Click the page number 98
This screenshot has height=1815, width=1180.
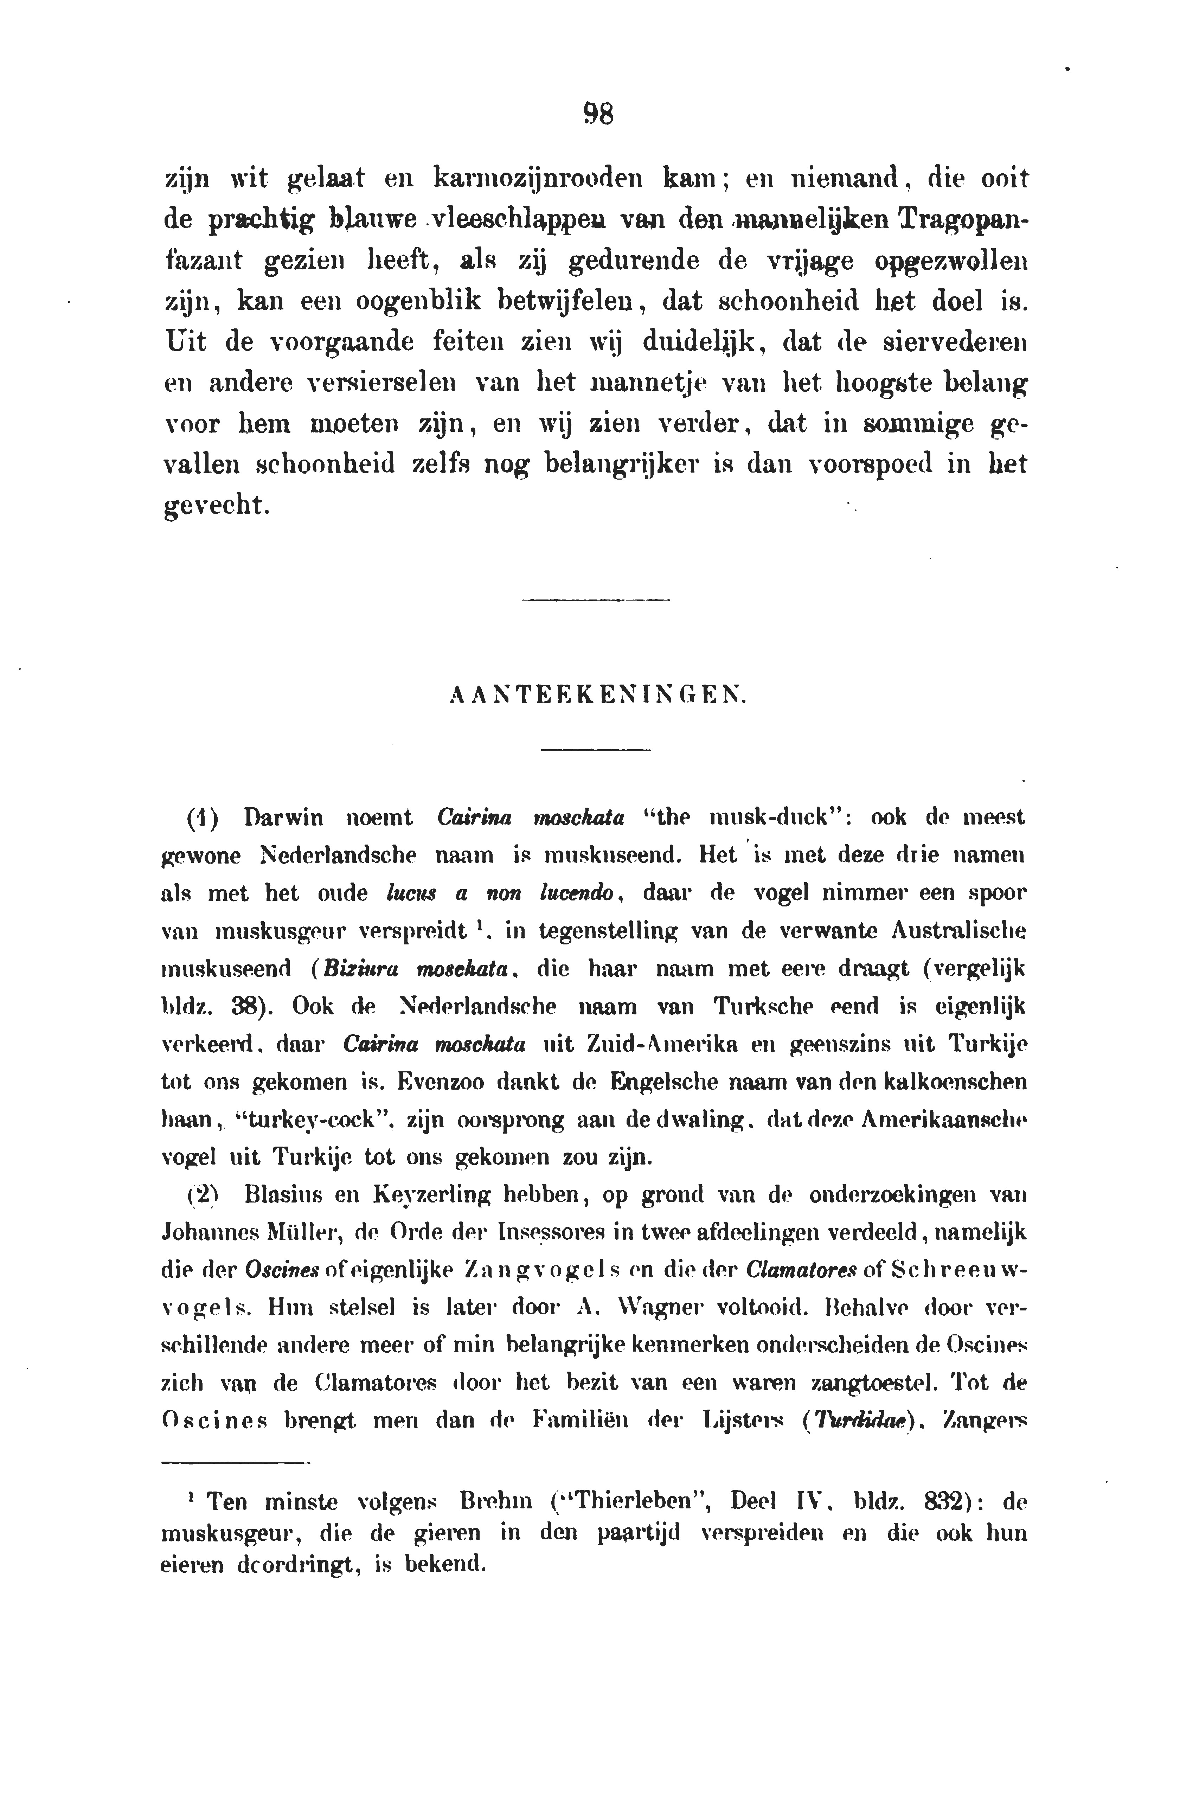click(598, 115)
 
